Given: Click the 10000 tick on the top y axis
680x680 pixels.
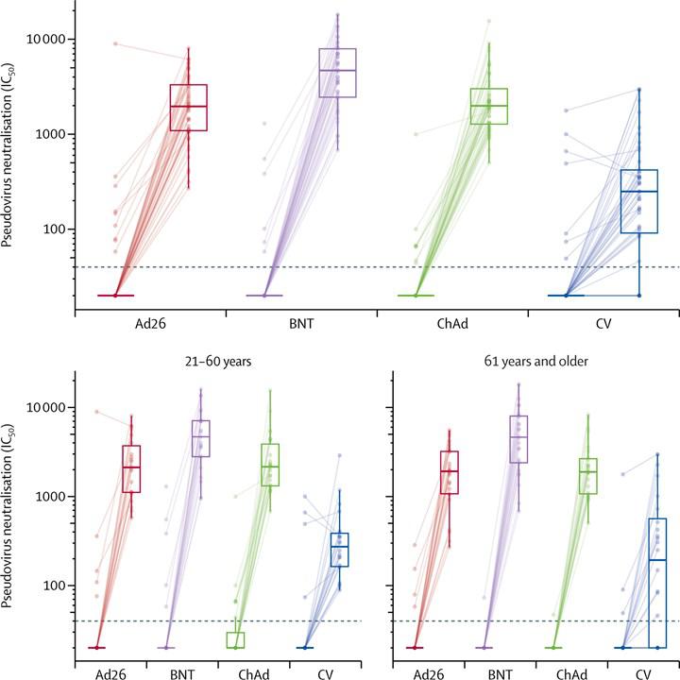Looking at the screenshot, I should (43, 39).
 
